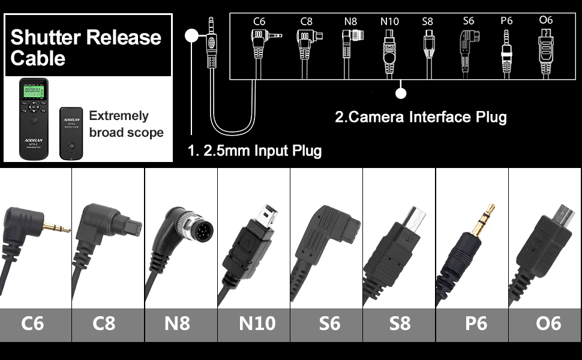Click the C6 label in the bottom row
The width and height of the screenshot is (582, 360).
[32, 324]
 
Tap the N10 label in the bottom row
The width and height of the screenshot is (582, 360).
[257, 324]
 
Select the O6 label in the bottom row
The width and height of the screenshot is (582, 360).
[548, 324]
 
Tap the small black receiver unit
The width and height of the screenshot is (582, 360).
[71, 133]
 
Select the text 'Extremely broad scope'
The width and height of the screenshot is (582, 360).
[126, 124]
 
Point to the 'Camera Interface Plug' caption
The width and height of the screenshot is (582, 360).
[420, 116]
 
